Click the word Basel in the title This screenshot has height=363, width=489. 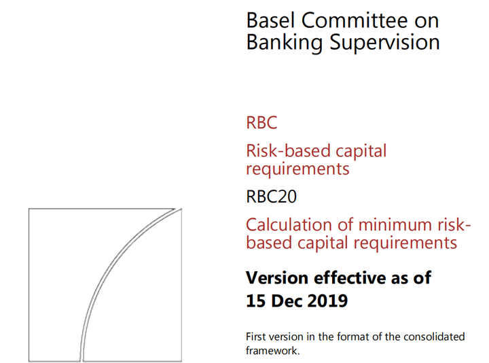pyautogui.click(x=269, y=20)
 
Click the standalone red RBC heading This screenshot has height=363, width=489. pyautogui.click(x=261, y=124)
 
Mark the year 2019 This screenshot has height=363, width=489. pyautogui.click(x=328, y=300)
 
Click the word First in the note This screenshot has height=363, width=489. pyautogui.click(x=256, y=337)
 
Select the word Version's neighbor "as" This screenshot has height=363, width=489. pyautogui.click(x=401, y=278)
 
